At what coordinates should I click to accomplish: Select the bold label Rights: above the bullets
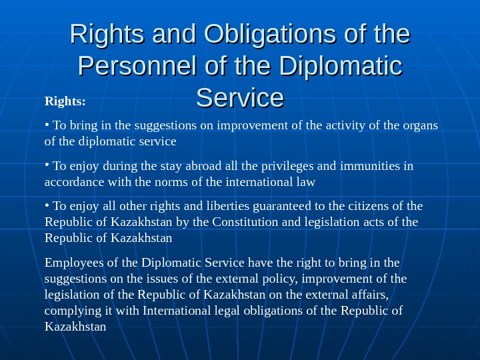coord(65,102)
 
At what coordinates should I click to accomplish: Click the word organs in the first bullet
coord(421,125)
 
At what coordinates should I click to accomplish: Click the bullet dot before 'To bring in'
coord(47,123)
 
